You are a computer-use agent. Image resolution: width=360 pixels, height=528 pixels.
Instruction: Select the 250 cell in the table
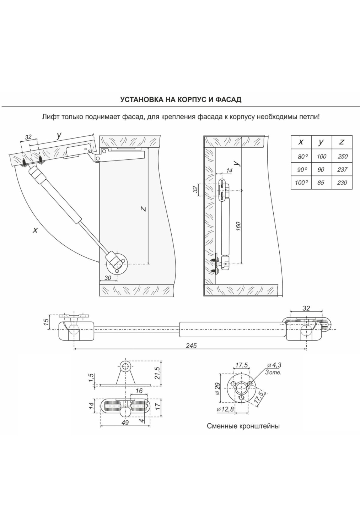click(x=342, y=156)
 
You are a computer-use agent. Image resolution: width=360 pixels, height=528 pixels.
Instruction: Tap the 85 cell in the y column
click(x=321, y=182)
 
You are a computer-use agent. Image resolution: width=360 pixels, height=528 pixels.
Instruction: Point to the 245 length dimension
click(x=191, y=346)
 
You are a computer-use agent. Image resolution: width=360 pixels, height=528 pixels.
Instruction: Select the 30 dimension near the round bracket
click(x=108, y=278)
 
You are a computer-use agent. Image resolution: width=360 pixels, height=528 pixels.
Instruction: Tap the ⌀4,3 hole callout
click(x=274, y=365)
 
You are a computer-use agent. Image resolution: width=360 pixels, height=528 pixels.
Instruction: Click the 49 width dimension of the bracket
click(x=125, y=422)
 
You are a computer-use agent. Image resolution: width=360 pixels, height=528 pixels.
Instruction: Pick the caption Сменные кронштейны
click(x=243, y=426)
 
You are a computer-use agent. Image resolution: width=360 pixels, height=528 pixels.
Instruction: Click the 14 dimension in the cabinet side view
click(x=229, y=170)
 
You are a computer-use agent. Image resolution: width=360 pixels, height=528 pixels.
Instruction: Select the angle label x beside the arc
click(x=35, y=230)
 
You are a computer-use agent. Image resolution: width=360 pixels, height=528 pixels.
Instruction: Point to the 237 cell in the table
click(x=342, y=169)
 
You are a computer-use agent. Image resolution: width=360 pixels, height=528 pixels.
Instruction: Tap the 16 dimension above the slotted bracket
click(x=139, y=391)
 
